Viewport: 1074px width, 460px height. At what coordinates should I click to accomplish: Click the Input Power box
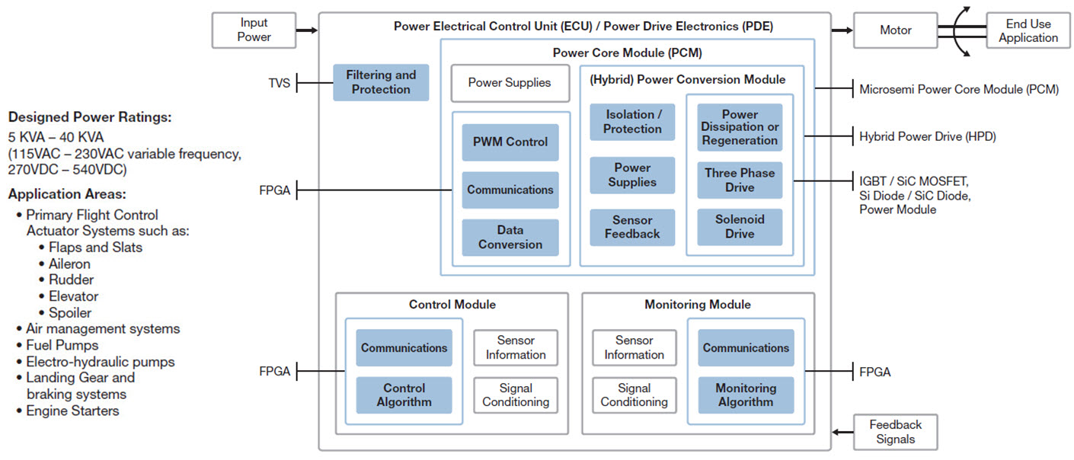[254, 30]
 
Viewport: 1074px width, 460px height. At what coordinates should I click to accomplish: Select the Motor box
[895, 30]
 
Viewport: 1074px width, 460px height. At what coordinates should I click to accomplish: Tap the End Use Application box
[1028, 30]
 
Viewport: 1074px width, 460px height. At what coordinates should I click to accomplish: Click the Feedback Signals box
[895, 432]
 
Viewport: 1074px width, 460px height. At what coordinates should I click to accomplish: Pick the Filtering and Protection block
[381, 82]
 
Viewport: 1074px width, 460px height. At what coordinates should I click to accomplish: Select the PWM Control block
[510, 142]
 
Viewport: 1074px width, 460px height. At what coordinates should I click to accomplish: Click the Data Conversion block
[510, 238]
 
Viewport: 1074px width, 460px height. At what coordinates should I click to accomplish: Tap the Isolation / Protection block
[632, 122]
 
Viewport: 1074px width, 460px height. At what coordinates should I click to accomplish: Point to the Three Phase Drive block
[740, 180]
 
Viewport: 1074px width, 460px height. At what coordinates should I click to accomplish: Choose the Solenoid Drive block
[740, 227]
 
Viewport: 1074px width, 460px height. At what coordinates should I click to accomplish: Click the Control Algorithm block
[404, 395]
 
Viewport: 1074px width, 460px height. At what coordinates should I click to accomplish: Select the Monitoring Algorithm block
[746, 395]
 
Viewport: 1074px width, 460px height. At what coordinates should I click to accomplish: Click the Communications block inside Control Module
[404, 348]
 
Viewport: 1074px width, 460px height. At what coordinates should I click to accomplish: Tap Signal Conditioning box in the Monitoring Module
[634, 395]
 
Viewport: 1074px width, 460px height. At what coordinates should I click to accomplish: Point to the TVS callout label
[279, 83]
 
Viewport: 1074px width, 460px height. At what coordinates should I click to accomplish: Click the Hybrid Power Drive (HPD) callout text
[927, 137]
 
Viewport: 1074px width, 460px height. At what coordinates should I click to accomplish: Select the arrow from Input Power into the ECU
[306, 30]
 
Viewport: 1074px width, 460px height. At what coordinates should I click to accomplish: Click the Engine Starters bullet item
[72, 411]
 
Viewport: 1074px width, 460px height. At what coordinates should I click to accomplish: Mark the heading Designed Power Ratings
[89, 117]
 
